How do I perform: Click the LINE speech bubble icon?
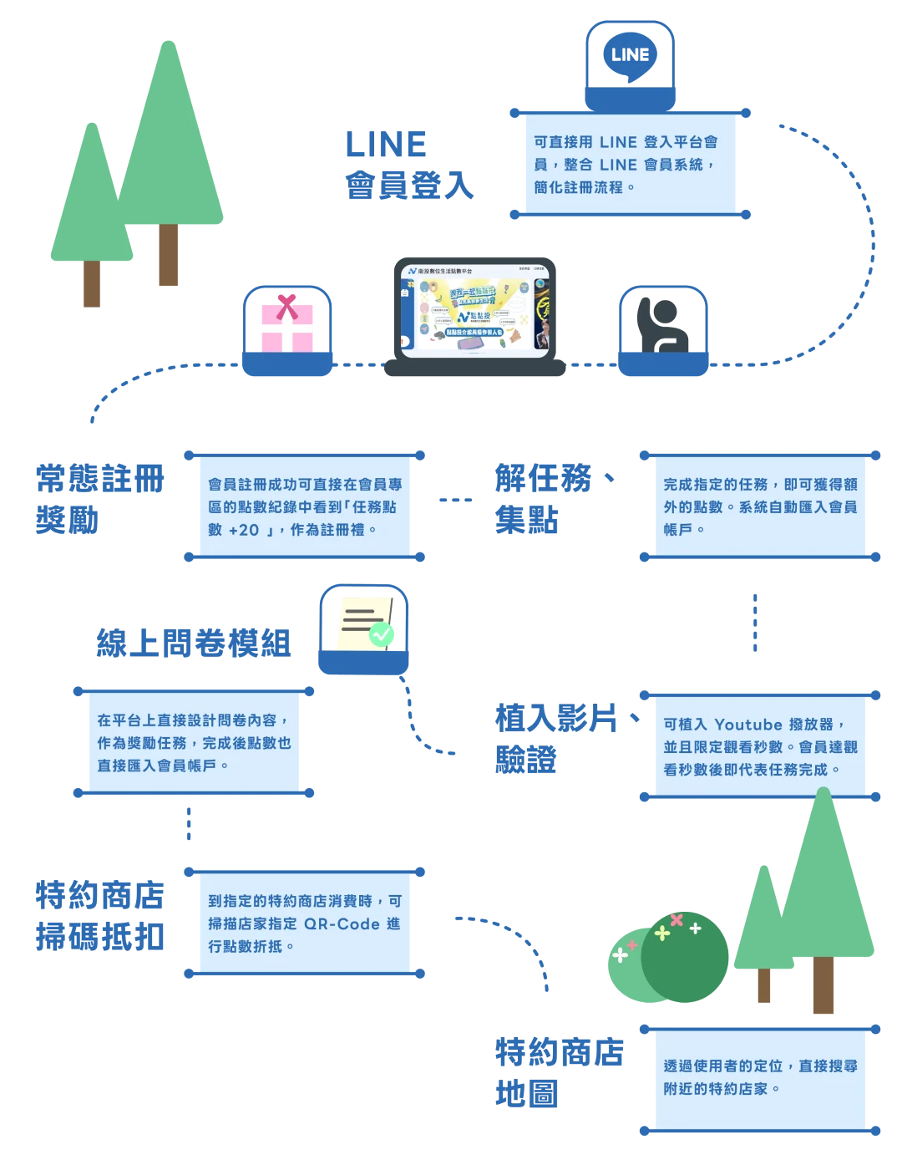630,56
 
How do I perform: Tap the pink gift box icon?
287,327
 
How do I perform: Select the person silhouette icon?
662,325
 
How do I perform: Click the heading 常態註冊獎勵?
100,498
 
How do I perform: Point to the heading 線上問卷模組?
194,643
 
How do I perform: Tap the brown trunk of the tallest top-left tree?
167,255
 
